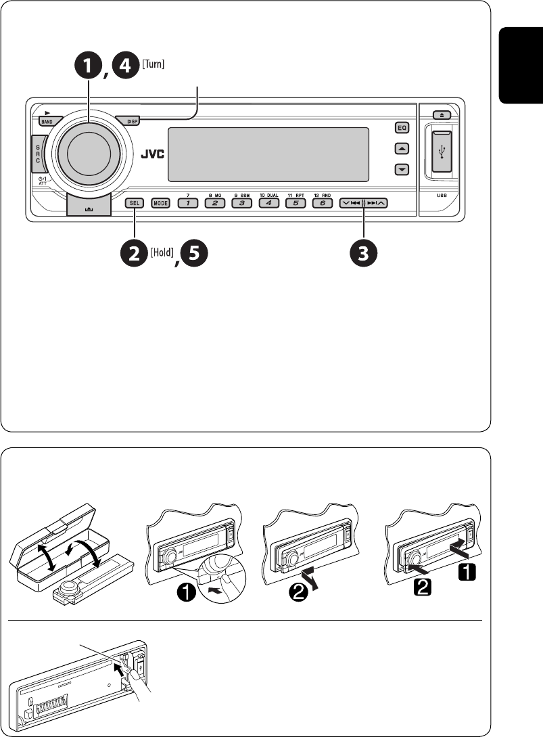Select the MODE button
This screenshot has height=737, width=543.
160,202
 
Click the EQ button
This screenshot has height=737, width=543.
402,127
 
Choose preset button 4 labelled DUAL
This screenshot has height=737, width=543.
268,202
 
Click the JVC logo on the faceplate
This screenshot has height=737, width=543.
152,153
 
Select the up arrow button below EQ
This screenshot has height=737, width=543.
402,148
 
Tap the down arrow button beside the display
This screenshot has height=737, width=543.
402,169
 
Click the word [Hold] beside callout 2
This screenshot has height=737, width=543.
160,252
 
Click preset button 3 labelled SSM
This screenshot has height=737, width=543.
241,202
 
